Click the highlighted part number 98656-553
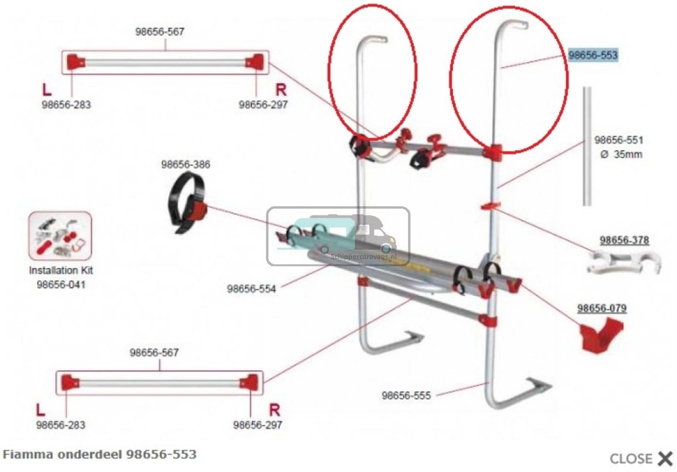[x=593, y=56]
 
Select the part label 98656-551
[x=618, y=140]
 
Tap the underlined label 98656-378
[x=624, y=240]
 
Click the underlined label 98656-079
[x=602, y=308]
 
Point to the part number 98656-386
[x=186, y=165]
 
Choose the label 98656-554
[x=251, y=288]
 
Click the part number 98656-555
[x=406, y=395]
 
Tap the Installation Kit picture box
[x=60, y=235]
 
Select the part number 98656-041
[x=61, y=284]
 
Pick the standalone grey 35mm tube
[x=586, y=146]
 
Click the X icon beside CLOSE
[x=664, y=458]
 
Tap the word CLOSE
[x=631, y=458]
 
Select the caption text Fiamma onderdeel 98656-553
[x=100, y=455]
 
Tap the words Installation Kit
[x=61, y=271]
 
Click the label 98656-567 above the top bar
[x=160, y=31]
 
